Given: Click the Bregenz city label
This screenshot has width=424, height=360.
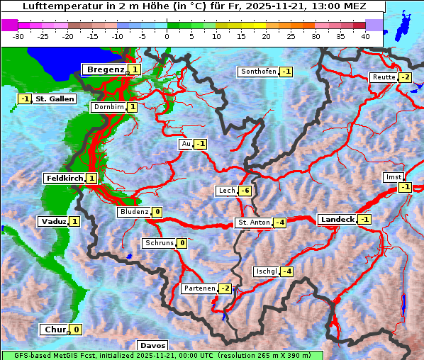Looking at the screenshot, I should (105, 69).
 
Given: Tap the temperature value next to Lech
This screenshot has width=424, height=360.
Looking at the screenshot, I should (245, 191).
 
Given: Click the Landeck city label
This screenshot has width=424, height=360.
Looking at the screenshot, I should (337, 220).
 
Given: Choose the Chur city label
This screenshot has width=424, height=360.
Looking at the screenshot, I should (55, 330).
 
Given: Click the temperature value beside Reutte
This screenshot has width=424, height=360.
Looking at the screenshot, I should (405, 77).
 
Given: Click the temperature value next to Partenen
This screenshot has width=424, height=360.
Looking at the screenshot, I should (225, 288).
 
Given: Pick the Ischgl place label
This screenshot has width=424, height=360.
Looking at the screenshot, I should (267, 271).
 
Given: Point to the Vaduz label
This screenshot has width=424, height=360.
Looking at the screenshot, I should (54, 222).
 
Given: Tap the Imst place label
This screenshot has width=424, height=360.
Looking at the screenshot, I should (392, 176).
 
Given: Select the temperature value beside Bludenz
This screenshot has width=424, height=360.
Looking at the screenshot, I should (157, 212).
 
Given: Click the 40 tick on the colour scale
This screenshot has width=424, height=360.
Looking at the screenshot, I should (365, 35).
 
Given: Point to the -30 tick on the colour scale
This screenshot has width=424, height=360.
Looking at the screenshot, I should (19, 35).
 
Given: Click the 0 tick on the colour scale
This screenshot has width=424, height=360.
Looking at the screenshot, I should (167, 35).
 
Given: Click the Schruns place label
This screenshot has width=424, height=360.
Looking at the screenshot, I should (159, 243).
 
